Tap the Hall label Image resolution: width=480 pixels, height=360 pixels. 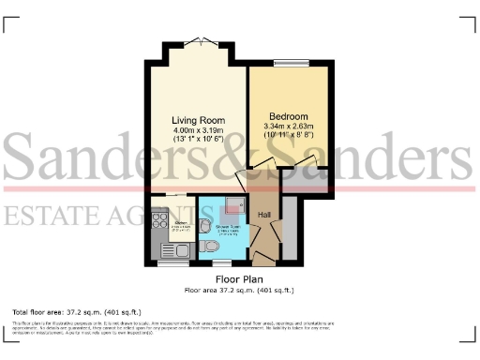264,216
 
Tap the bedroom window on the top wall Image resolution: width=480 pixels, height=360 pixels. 288,63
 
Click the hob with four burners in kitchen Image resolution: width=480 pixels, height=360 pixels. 157,226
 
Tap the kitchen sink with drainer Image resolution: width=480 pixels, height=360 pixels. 174,249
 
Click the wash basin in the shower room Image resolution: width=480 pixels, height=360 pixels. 205,224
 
